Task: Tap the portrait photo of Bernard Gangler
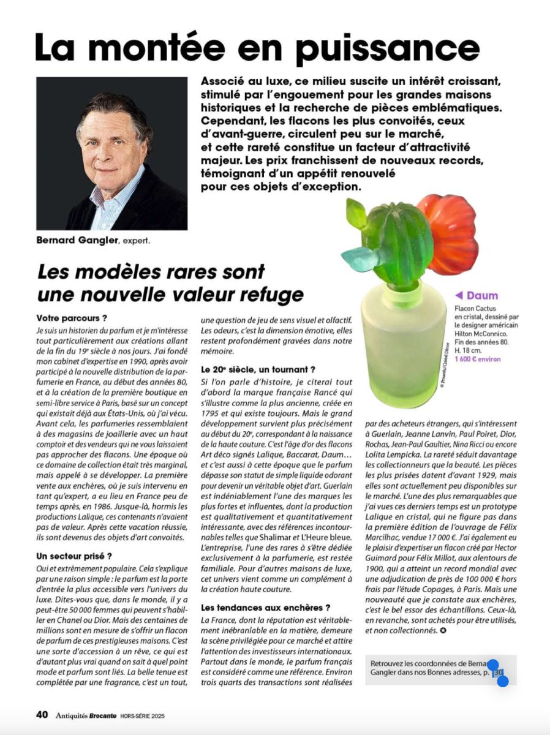pyautogui.click(x=111, y=153)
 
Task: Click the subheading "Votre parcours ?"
pyautogui.click(x=72, y=318)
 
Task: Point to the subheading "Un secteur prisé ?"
pyautogui.click(x=74, y=556)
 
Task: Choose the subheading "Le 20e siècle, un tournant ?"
pyautogui.click(x=258, y=369)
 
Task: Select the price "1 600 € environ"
pyautogui.click(x=478, y=359)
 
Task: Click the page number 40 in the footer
pyautogui.click(x=42, y=714)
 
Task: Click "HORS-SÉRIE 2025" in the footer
pyautogui.click(x=142, y=715)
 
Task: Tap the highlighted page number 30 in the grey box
pyautogui.click(x=499, y=673)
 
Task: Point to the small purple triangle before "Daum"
pyautogui.click(x=459, y=296)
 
